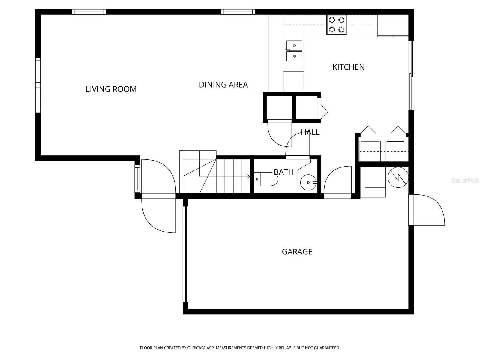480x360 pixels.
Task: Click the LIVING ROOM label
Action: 111,89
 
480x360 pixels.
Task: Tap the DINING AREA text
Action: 223,85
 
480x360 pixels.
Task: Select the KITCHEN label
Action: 348,67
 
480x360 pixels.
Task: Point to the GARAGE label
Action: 297,251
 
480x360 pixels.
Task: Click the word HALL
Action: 310,132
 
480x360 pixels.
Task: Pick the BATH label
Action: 283,172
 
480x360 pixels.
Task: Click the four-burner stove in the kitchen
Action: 336,25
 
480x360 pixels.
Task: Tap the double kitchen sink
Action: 294,51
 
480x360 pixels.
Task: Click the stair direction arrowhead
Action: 248,176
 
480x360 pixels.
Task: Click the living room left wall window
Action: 38,85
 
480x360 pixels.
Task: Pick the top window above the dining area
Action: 238,12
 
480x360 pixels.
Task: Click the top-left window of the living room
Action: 89,12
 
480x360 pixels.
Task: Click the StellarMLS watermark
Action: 465,180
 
